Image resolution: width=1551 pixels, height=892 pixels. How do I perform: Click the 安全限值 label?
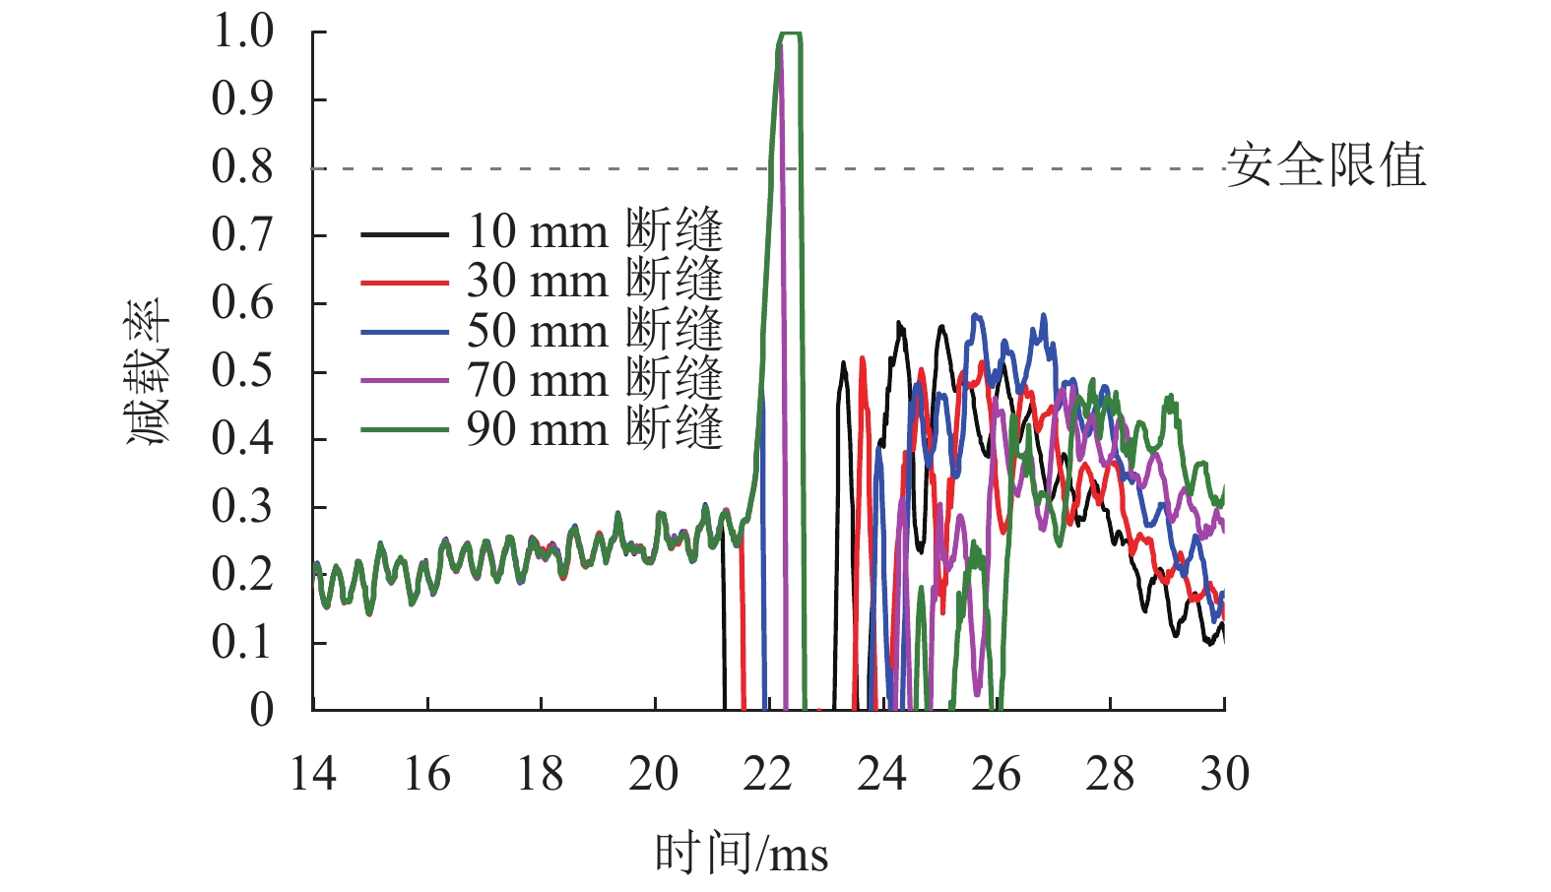[x=1325, y=165]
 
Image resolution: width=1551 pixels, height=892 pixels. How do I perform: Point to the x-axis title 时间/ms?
[x=741, y=853]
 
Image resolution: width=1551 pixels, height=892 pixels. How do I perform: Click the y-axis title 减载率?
[x=148, y=371]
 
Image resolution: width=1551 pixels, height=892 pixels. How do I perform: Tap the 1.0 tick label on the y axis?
[x=242, y=32]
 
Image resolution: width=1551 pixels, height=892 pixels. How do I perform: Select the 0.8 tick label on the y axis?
[x=242, y=167]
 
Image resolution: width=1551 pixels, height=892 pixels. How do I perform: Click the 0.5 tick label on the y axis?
[x=242, y=371]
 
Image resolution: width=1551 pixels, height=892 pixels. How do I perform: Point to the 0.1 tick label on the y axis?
[x=242, y=643]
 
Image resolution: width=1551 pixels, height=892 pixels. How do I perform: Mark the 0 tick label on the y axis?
[x=261, y=710]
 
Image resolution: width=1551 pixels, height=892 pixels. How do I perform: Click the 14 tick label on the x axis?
[x=313, y=774]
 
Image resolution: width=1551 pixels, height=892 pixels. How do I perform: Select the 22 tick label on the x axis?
[x=768, y=774]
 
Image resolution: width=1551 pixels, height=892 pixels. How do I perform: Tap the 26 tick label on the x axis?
[x=996, y=774]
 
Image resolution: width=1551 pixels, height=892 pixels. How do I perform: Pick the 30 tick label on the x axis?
[x=1224, y=774]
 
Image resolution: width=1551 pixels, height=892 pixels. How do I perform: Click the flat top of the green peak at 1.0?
[x=791, y=34]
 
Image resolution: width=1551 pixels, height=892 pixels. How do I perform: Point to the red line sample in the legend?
[x=405, y=283]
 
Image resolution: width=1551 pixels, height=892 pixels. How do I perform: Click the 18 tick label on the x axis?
[x=541, y=774]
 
